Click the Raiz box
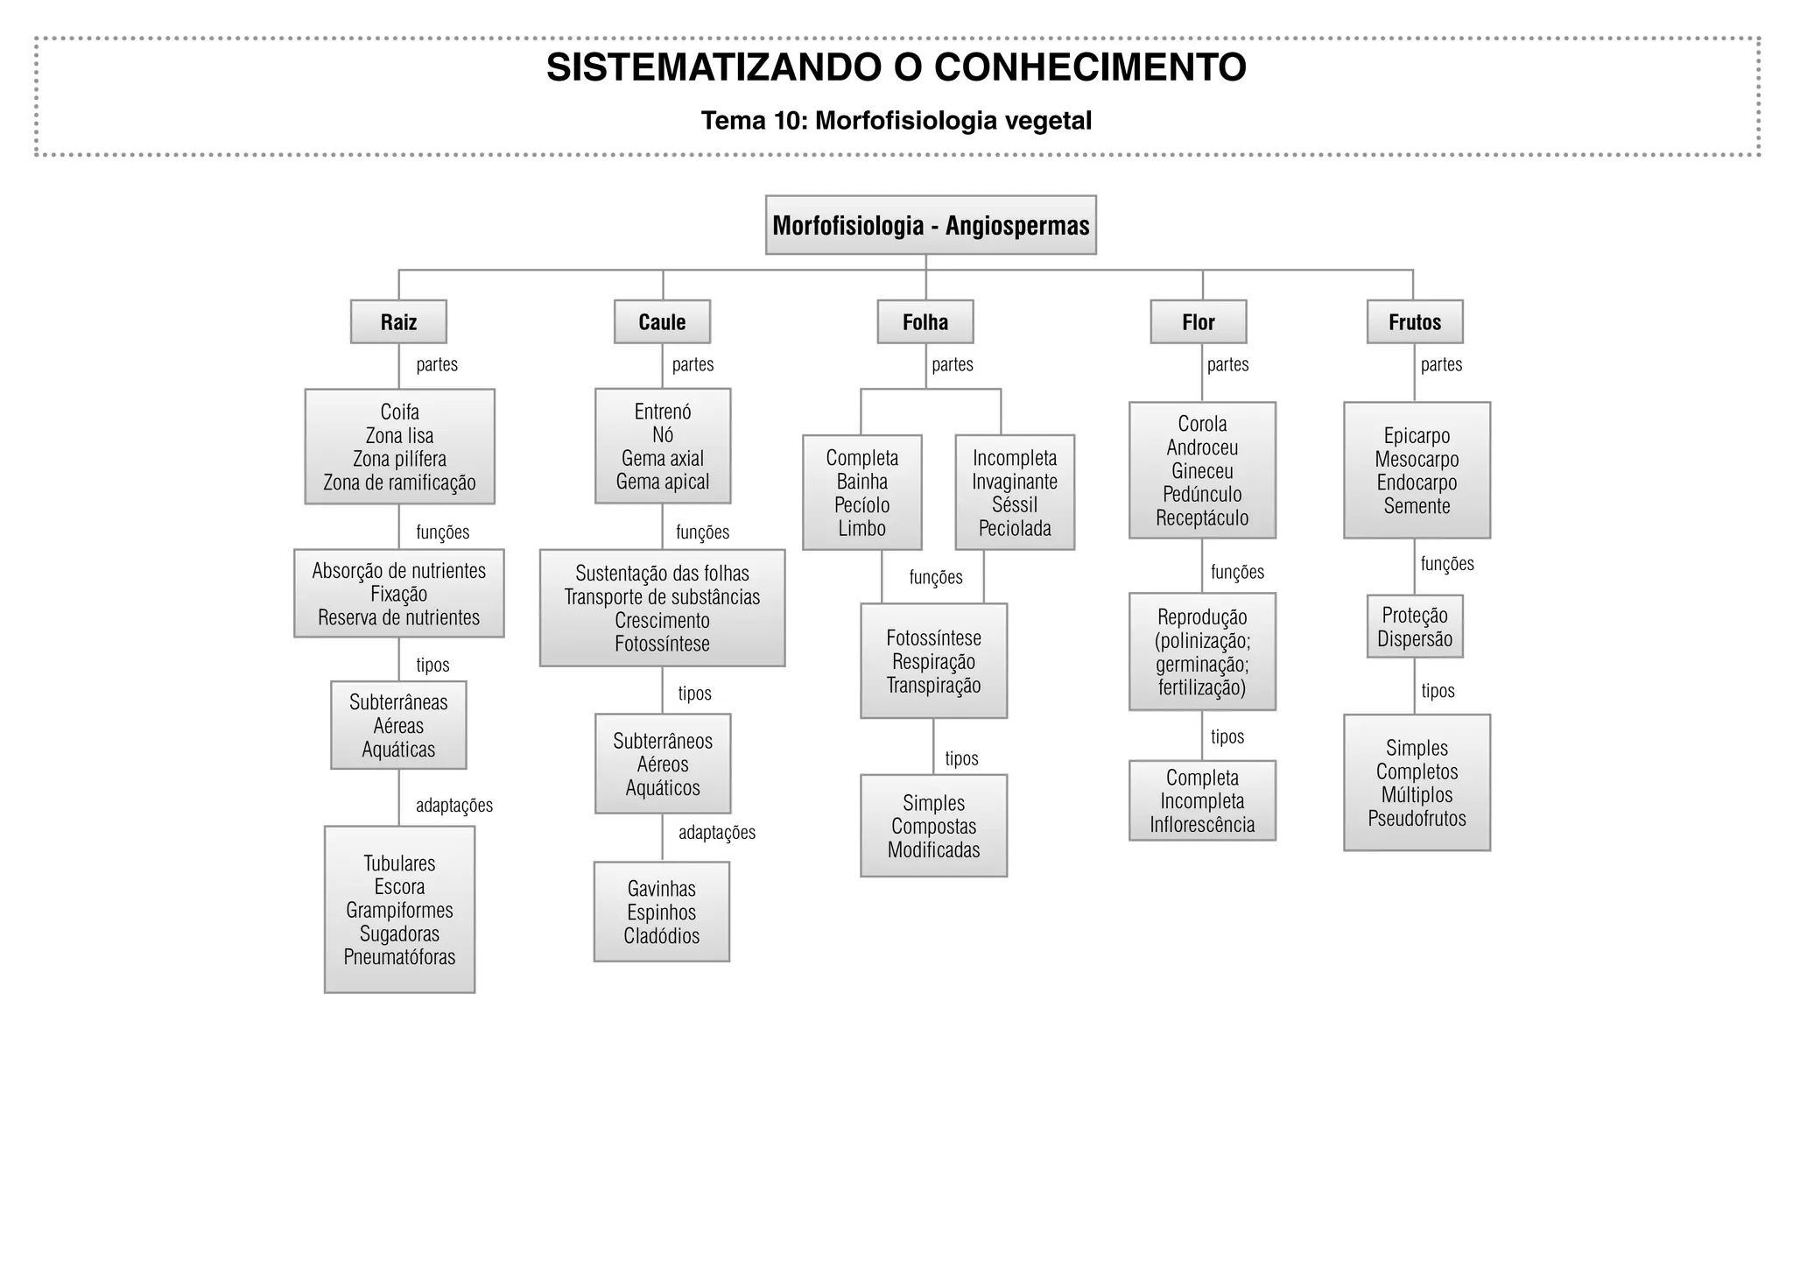(398, 322)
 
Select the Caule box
(662, 322)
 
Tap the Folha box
(925, 322)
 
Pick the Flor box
(1198, 322)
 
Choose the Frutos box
(1415, 322)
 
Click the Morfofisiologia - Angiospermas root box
(931, 226)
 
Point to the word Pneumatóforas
(399, 957)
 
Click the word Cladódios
(662, 936)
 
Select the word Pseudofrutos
(1417, 819)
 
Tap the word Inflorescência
(1202, 825)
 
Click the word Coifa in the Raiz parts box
(399, 412)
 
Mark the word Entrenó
(663, 412)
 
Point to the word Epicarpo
(1417, 436)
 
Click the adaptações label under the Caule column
(716, 833)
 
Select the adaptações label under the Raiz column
(454, 806)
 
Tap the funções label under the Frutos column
(1446, 564)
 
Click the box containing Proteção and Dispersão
(1415, 627)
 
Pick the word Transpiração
(933, 686)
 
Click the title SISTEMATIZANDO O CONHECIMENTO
(896, 68)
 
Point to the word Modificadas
(933, 850)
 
